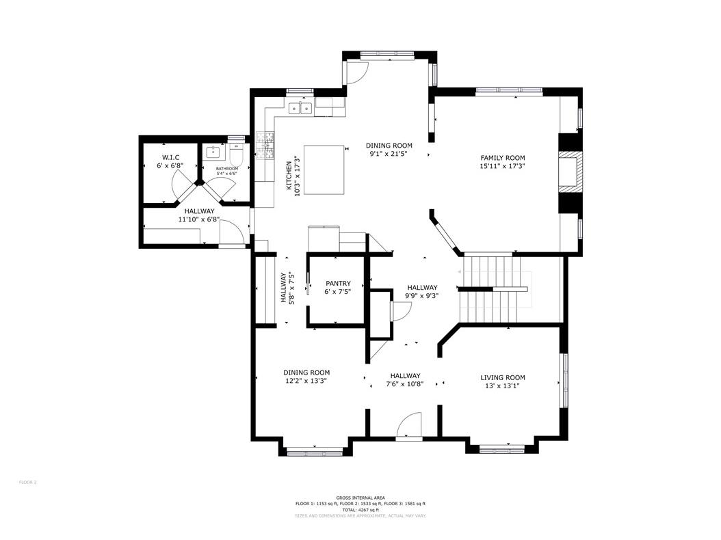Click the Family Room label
click(x=502, y=158)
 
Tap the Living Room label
click(x=502, y=377)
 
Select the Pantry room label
click(x=338, y=284)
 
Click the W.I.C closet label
click(x=170, y=158)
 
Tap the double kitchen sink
click(x=300, y=108)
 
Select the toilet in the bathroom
click(x=235, y=157)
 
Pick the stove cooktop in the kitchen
click(x=265, y=143)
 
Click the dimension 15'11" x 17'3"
click(x=502, y=166)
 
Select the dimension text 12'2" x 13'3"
click(x=306, y=381)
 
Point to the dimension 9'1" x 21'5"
click(x=389, y=153)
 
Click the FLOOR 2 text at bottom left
click(x=27, y=483)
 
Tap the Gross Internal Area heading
click(x=360, y=498)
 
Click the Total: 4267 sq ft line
click(x=360, y=509)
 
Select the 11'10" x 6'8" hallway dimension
click(x=198, y=220)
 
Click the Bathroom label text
click(x=227, y=168)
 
